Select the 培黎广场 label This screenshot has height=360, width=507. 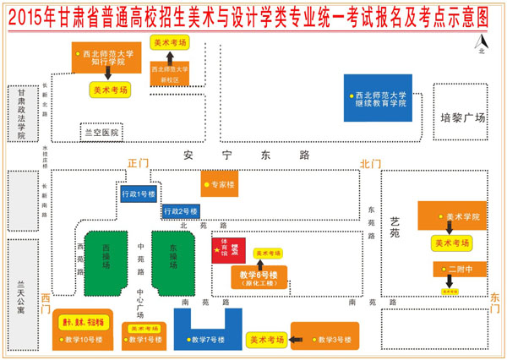[x=464, y=118]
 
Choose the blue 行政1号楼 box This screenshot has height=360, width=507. [x=139, y=194]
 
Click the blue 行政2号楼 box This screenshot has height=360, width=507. [x=181, y=210]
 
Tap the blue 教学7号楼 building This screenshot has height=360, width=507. [x=208, y=330]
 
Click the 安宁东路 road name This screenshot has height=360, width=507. [x=247, y=155]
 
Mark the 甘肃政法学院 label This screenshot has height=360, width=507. [x=21, y=117]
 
